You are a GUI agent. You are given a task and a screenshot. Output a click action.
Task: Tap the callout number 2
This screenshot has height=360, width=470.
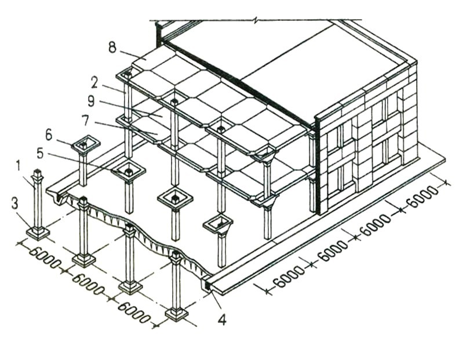[x=94, y=82]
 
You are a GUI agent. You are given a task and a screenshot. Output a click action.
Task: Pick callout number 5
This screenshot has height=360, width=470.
[x=41, y=154]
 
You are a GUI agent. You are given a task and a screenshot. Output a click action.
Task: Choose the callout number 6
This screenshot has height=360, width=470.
[x=49, y=134]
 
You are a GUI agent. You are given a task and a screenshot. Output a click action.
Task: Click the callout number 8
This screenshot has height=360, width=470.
[x=112, y=48]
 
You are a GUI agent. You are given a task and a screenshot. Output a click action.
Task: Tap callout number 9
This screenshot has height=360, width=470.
[x=90, y=101]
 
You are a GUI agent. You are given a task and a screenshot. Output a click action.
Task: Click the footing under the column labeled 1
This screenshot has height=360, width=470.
[x=38, y=232]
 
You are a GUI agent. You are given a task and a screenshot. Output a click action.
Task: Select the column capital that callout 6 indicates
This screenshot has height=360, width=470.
[x=86, y=144]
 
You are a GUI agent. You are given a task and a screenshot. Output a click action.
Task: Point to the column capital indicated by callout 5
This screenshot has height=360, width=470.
[x=128, y=172]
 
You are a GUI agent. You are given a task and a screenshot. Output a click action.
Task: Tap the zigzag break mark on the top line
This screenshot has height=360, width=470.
[x=256, y=21]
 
